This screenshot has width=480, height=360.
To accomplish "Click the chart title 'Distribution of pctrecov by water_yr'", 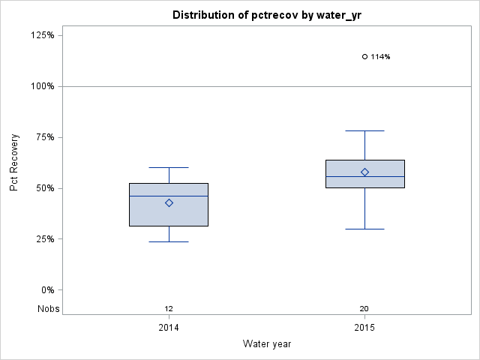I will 266,15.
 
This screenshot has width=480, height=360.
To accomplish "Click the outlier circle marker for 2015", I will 364,56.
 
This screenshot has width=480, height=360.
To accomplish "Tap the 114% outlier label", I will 380,56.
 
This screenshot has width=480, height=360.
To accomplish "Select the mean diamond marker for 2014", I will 169,202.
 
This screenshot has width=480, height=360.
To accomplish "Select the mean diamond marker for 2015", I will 364,172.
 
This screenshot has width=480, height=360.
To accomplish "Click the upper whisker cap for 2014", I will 169,167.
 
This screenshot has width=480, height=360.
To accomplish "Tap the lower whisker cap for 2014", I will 169,241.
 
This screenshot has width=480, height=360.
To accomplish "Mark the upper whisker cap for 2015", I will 364,130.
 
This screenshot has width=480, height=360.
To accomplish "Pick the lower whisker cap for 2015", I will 364,229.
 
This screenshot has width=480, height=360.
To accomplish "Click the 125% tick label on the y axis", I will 42,35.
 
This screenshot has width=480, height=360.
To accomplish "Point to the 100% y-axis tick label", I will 42,86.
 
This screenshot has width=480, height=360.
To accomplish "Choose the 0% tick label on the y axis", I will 46,290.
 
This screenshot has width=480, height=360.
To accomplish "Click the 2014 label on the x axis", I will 169,328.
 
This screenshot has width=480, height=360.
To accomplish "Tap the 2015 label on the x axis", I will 364,328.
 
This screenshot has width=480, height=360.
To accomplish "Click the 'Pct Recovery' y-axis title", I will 14,163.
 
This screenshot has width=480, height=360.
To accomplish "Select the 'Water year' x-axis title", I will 266,344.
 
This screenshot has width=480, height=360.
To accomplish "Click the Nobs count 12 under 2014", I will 169,308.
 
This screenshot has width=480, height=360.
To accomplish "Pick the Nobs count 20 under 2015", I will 364,308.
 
